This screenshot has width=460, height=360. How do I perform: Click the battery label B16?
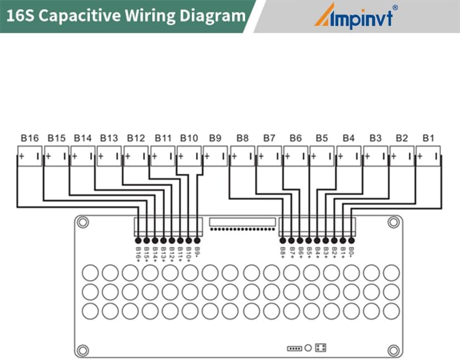[x=29, y=138]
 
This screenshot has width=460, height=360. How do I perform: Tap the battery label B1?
[x=428, y=138]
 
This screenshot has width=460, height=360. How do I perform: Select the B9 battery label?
[x=215, y=138]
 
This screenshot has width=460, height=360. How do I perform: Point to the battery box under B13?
[x=109, y=155]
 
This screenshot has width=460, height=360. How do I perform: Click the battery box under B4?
[x=349, y=155]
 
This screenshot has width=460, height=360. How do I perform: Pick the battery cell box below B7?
[x=270, y=155]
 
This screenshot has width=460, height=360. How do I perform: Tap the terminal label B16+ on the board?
[x=138, y=252]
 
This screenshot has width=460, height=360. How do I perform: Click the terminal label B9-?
[x=197, y=251]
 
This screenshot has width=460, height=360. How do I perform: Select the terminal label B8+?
[x=283, y=251]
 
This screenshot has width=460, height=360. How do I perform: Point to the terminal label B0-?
[x=351, y=251]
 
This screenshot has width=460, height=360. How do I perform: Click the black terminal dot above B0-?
[x=351, y=240]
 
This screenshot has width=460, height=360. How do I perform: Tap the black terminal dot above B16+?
[x=138, y=240]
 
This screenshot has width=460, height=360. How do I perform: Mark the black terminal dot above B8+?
[x=283, y=240]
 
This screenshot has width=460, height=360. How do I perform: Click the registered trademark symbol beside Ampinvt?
[x=395, y=7]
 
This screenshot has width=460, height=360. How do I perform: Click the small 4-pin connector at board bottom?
[x=294, y=348]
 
